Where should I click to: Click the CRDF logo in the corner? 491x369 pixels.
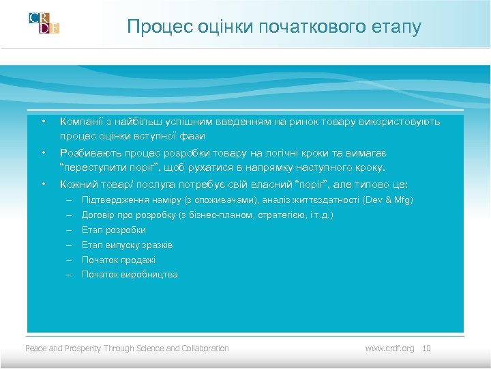[x=44, y=23]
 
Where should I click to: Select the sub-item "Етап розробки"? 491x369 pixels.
[x=114, y=230]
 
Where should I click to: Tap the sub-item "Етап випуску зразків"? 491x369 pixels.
[x=128, y=245]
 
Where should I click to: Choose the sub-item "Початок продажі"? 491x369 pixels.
[x=119, y=260]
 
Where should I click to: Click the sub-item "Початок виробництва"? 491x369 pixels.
[x=130, y=275]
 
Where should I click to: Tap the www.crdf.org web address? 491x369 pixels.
[x=389, y=348]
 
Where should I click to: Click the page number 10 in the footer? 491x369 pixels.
[x=427, y=348]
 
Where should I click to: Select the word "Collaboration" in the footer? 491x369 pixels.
[x=205, y=348]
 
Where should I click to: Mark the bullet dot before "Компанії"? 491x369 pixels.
[x=42, y=122]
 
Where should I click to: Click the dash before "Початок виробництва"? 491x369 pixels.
[x=69, y=275]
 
